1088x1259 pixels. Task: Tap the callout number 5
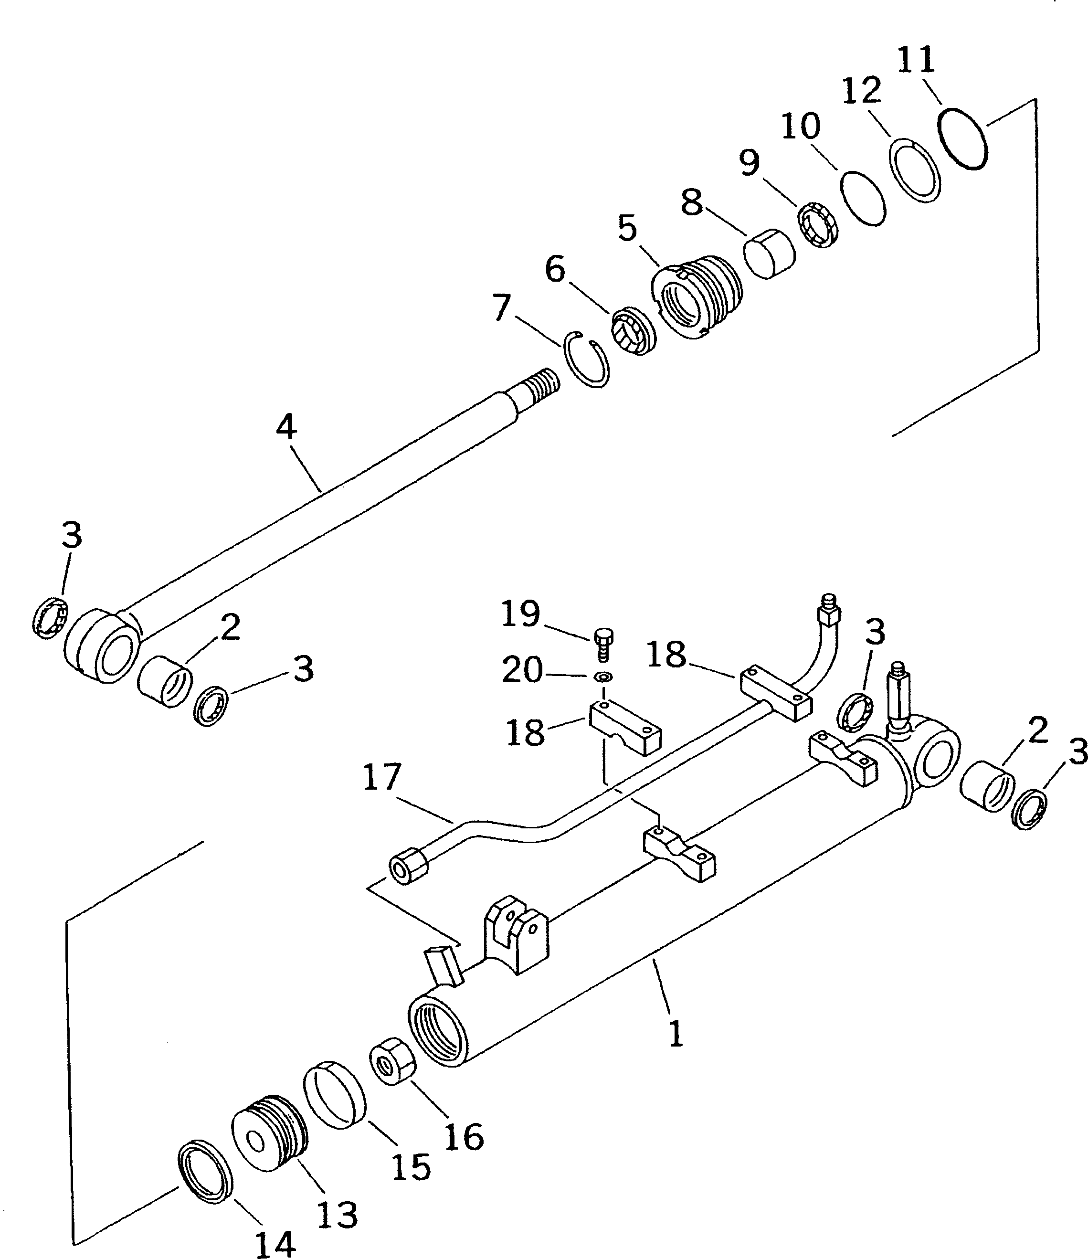tap(627, 229)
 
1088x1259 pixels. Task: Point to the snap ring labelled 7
tap(586, 359)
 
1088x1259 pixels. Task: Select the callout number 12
tap(861, 91)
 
